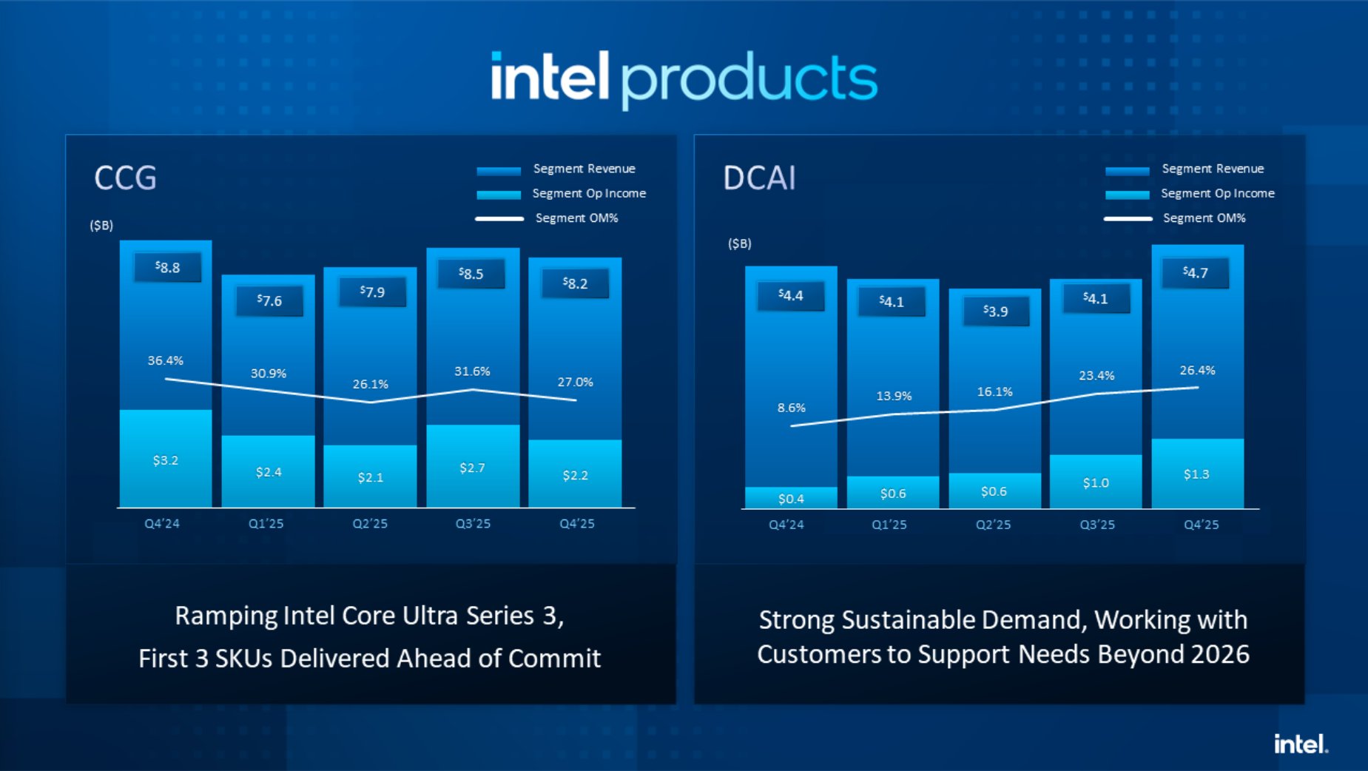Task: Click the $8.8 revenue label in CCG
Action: point(167,268)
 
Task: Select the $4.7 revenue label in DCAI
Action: point(1195,273)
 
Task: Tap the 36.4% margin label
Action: point(165,360)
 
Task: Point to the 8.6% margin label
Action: point(791,408)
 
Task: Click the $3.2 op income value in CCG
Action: point(165,460)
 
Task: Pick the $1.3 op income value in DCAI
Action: point(1196,474)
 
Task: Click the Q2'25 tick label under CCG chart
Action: point(370,524)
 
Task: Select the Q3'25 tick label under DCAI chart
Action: point(1096,525)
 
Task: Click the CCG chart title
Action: point(125,178)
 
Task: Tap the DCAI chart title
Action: point(758,178)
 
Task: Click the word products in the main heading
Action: point(749,80)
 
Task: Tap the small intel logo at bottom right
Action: point(1300,744)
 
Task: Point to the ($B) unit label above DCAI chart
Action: point(739,243)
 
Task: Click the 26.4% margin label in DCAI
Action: point(1196,370)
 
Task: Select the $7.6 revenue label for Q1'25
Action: point(269,301)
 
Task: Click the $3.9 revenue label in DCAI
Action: point(995,312)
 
